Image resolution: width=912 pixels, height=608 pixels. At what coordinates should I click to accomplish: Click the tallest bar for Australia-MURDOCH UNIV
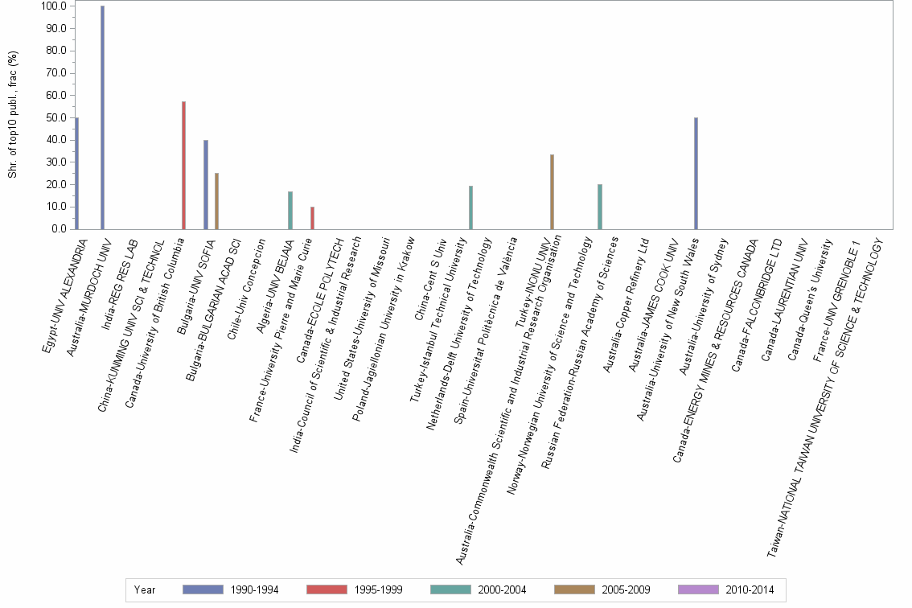click(x=102, y=117)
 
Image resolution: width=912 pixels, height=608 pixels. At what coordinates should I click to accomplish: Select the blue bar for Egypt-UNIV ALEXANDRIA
click(x=76, y=173)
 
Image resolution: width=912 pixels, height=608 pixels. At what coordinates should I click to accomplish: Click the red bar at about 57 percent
click(x=183, y=165)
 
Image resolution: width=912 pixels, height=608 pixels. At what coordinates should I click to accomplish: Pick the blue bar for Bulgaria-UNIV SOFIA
click(x=206, y=184)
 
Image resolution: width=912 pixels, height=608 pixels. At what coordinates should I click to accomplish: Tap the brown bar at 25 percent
click(x=216, y=201)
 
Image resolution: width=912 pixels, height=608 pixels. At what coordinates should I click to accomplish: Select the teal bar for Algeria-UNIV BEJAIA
click(x=290, y=210)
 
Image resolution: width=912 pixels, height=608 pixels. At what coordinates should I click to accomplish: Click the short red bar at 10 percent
click(x=312, y=218)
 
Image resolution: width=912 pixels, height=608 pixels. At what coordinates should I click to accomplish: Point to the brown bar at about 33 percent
click(x=552, y=191)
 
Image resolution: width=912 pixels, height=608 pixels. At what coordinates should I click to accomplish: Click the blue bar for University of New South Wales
click(x=696, y=173)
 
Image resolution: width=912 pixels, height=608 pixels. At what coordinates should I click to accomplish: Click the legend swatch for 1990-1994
click(x=203, y=590)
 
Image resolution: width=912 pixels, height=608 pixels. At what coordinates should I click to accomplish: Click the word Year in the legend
click(x=145, y=590)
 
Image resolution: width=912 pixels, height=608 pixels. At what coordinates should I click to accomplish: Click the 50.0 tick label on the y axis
click(x=56, y=117)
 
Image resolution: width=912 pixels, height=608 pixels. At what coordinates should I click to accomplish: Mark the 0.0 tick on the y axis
click(x=59, y=229)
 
